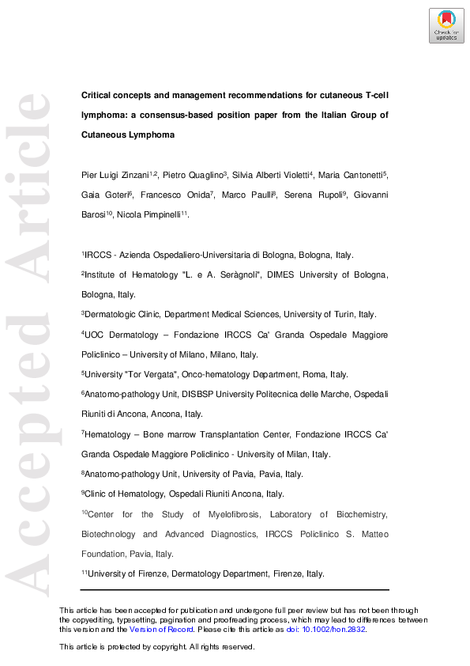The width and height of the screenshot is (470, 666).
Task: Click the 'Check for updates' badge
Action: coord(446,25)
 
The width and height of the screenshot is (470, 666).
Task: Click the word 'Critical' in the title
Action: coord(98,95)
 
